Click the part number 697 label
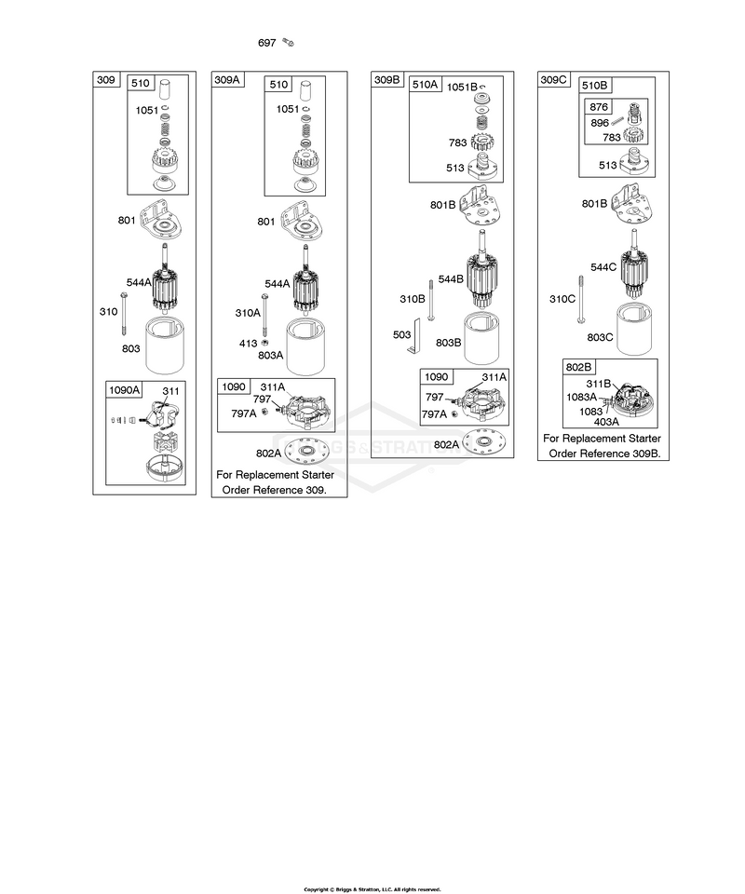[266, 43]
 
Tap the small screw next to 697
[288, 42]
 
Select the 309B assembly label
[387, 80]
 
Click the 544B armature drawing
[482, 269]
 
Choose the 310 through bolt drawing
[123, 313]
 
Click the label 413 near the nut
[248, 344]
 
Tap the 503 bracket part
[414, 336]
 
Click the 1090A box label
[124, 390]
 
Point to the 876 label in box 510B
[599, 106]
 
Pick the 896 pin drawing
[618, 121]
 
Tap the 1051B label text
[462, 88]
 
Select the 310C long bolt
[581, 299]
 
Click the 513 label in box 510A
[455, 168]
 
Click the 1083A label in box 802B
[581, 397]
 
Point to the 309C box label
[553, 80]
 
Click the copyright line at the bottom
[372, 889]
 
